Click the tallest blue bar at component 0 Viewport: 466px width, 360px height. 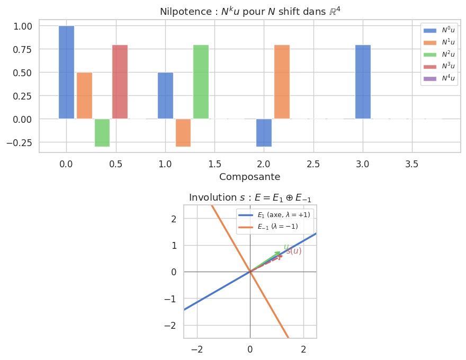[66, 72]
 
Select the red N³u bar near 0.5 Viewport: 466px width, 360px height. [120, 82]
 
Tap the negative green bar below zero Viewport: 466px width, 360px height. [102, 132]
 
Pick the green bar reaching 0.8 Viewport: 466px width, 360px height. [201, 82]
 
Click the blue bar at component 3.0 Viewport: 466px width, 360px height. [363, 82]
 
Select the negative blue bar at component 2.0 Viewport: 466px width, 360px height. [264, 132]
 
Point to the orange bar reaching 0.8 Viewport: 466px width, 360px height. [282, 82]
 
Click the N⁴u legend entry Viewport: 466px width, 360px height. [439, 78]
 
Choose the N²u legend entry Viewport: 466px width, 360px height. [439, 55]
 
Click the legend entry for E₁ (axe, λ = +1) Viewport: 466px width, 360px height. [275, 214]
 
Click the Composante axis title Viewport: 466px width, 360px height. [249, 176]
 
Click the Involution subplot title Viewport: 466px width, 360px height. [250, 197]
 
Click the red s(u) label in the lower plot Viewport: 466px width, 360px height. [294, 251]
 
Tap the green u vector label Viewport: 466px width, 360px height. [286, 247]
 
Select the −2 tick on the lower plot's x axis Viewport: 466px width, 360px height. [197, 349]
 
